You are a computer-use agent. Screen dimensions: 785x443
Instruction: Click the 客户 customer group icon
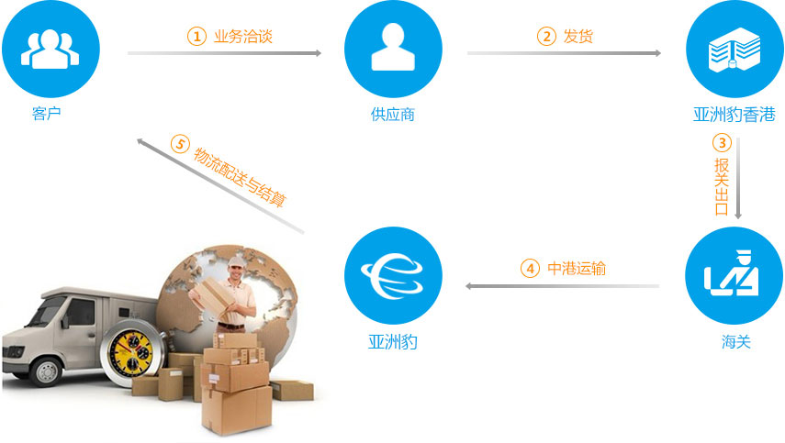pyautogui.click(x=50, y=49)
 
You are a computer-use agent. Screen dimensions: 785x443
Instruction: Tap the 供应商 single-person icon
pyautogui.click(x=393, y=49)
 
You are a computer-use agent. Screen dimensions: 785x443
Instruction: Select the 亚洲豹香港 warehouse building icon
pyautogui.click(x=735, y=49)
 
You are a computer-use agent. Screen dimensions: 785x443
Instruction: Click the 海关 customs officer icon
pyautogui.click(x=734, y=275)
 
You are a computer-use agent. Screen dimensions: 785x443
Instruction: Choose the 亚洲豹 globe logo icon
pyautogui.click(x=393, y=275)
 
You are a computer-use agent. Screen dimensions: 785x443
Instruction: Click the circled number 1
pyautogui.click(x=196, y=37)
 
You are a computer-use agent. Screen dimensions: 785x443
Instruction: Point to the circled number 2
pyautogui.click(x=546, y=37)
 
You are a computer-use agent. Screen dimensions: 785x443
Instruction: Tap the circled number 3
pyautogui.click(x=722, y=143)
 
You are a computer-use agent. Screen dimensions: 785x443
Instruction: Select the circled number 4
pyautogui.click(x=530, y=269)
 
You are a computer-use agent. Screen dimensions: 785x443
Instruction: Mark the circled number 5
pyautogui.click(x=180, y=145)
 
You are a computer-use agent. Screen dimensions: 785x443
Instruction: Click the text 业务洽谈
pyautogui.click(x=243, y=37)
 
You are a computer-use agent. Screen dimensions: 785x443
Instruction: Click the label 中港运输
pyautogui.click(x=577, y=269)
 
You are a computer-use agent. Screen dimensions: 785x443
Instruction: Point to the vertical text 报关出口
pyautogui.click(x=722, y=186)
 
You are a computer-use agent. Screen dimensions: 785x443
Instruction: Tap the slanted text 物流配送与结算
pyautogui.click(x=240, y=177)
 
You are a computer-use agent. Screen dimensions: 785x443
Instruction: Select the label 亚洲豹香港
pyautogui.click(x=735, y=115)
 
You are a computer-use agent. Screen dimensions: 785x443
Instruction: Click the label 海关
pyautogui.click(x=736, y=342)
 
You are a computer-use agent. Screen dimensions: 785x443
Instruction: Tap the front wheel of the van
pyautogui.click(x=47, y=371)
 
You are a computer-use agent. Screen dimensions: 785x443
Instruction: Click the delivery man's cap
pyautogui.click(x=235, y=261)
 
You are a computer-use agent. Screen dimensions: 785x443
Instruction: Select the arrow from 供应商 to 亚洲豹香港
pyautogui.click(x=565, y=53)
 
